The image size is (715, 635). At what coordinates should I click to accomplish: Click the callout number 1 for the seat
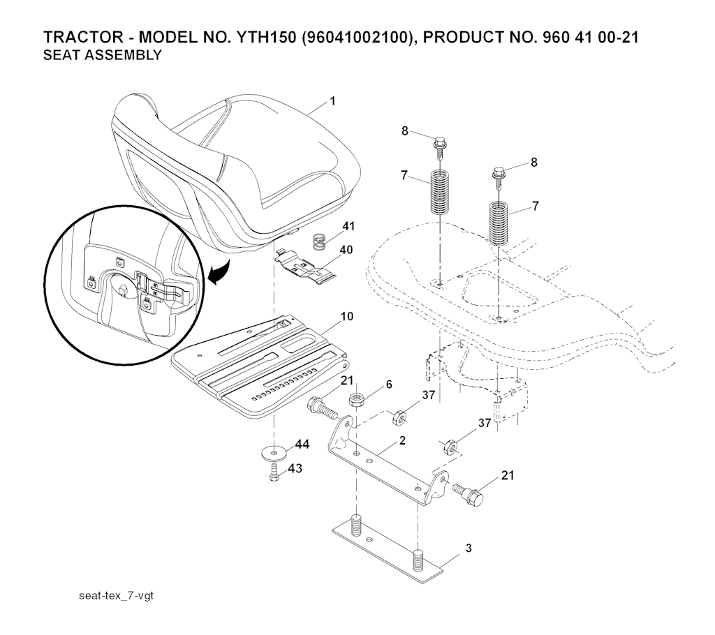[332, 101]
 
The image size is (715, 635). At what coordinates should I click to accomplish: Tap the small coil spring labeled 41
[319, 242]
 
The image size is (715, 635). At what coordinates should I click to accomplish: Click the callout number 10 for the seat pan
[346, 317]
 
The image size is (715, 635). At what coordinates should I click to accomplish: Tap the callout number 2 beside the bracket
[402, 440]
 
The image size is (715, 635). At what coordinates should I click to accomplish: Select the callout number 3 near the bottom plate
[468, 548]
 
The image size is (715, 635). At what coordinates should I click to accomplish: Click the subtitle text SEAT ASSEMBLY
[103, 56]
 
